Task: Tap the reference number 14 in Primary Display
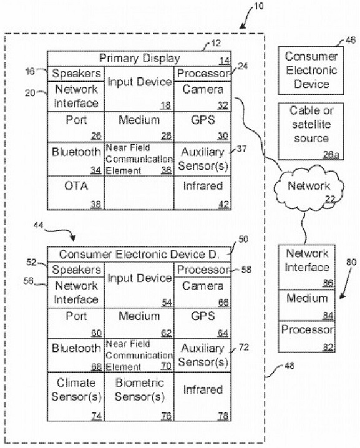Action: coord(225,61)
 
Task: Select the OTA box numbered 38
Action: coord(76,193)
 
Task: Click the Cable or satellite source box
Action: coord(311,132)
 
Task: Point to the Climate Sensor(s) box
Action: coord(76,396)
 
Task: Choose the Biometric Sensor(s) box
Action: coord(139,396)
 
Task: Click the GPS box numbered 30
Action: coord(203,127)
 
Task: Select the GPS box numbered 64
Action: coord(203,323)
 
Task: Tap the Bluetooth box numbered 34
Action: coord(76,159)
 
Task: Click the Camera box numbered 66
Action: coord(203,293)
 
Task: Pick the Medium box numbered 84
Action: coord(307,305)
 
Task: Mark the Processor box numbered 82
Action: coord(307,336)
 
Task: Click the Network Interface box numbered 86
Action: coord(307,267)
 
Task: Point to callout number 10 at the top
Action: coord(258,6)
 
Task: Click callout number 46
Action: coord(351,40)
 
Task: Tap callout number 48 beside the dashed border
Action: coord(289,366)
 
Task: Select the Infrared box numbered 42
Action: coord(203,193)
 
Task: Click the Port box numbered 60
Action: coord(76,323)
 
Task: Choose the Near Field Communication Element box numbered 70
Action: coord(139,355)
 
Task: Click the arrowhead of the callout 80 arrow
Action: coord(341,297)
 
